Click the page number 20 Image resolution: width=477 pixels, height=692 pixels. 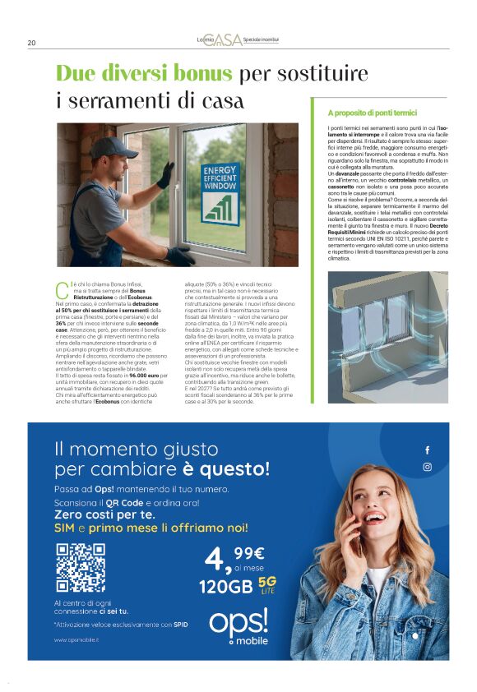pos(31,43)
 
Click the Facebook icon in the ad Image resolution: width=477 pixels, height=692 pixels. pos(427,450)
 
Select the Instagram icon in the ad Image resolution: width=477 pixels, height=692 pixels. pos(427,467)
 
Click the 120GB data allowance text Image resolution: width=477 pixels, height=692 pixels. pos(224,587)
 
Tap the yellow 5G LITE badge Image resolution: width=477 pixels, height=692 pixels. pos(266,584)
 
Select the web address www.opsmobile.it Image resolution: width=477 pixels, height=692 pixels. pos(72,639)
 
